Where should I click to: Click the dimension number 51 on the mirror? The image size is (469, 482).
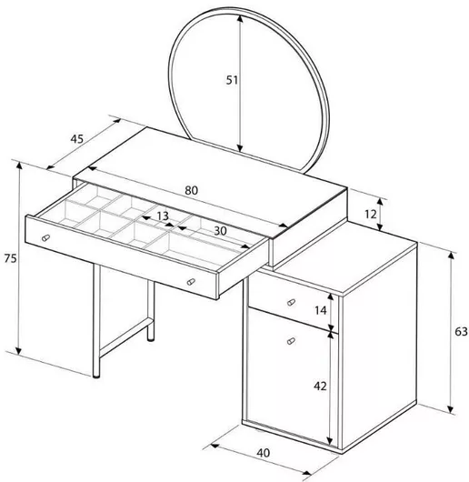pos(232,80)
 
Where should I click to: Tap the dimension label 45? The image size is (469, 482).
pos(76,139)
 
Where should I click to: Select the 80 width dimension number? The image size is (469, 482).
pos(192,191)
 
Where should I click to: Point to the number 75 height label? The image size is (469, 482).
pos(10,258)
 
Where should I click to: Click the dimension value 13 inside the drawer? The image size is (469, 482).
pos(163,216)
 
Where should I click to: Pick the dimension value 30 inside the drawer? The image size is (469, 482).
pos(220,231)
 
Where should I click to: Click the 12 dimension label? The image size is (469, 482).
pos(371,214)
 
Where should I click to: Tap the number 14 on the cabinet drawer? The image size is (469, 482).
pos(320,311)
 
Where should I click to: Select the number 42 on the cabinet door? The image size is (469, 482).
pos(320,387)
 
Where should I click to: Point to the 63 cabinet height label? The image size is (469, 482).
pos(461,332)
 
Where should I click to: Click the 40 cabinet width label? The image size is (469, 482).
pos(264,453)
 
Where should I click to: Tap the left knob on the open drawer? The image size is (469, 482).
pos(45,237)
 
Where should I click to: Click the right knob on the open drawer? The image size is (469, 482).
pos(191,282)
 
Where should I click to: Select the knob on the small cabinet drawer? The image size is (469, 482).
pos(291,303)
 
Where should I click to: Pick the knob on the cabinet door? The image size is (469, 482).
pos(291,341)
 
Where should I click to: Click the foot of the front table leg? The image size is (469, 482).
pos(96,375)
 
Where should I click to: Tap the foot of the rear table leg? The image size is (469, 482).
pos(151,339)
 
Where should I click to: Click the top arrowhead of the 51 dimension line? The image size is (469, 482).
pos(240,18)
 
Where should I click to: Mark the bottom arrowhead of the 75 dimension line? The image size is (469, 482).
pos(19,350)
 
